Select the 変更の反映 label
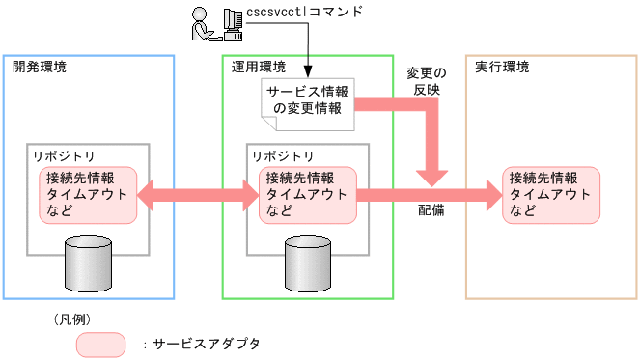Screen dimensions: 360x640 [428, 80]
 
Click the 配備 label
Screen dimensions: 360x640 [431, 209]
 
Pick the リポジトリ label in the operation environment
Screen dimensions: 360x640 [283, 155]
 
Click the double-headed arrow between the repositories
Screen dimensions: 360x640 [197, 195]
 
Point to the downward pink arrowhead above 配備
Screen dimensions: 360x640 [431, 175]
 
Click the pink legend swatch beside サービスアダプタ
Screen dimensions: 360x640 [100, 344]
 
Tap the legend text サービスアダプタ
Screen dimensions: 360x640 [207, 344]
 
